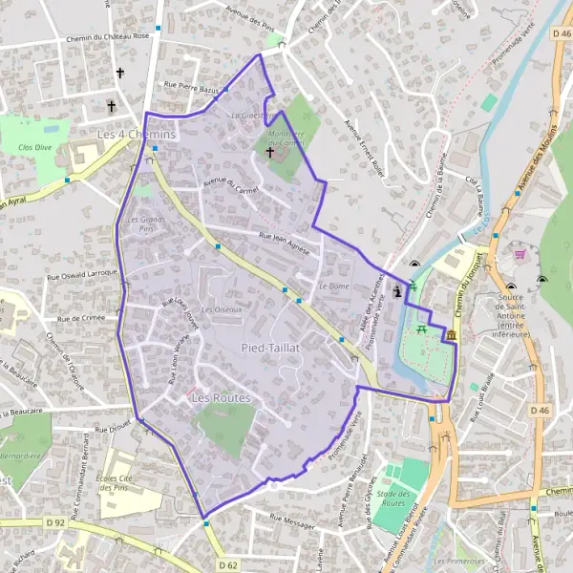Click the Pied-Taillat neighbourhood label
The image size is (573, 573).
point(271,349)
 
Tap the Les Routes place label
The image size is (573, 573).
point(221,396)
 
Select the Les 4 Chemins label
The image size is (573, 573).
point(138,136)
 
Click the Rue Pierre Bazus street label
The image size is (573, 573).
point(192,87)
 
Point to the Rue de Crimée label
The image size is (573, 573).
point(79,318)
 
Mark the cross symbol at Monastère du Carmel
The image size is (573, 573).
point(269,152)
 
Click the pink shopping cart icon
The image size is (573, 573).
point(520,255)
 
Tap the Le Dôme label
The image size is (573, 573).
point(333,286)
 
